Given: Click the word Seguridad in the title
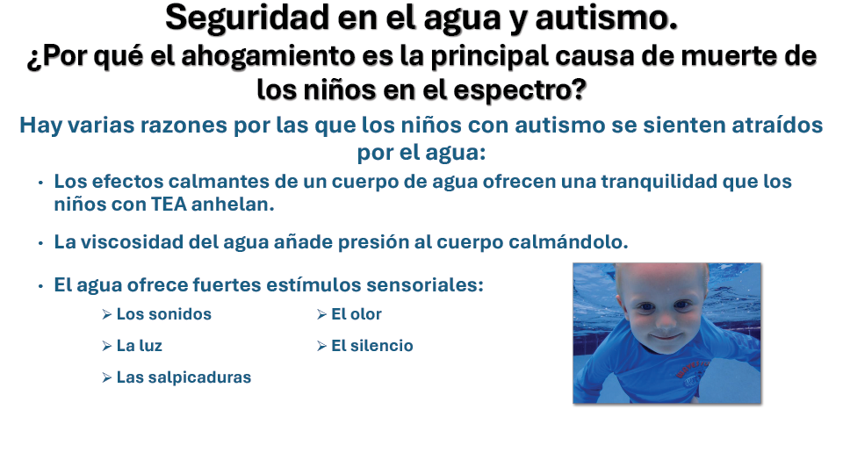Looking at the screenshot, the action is coord(248,18).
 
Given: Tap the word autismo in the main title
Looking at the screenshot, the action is coord(607,18).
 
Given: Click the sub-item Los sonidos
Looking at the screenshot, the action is coord(164,314).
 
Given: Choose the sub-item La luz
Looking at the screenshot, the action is coord(140,346).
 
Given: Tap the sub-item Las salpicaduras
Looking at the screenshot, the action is coord(184,377).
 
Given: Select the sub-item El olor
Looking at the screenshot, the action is coord(357,314).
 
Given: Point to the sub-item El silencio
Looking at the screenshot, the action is coord(372,346).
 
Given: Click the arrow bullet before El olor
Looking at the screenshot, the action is coord(321,314).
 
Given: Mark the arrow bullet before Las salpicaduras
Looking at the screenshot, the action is coord(106,377).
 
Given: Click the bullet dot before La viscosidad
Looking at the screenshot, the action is coord(40,243).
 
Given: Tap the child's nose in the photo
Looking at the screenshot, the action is coord(666,321).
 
